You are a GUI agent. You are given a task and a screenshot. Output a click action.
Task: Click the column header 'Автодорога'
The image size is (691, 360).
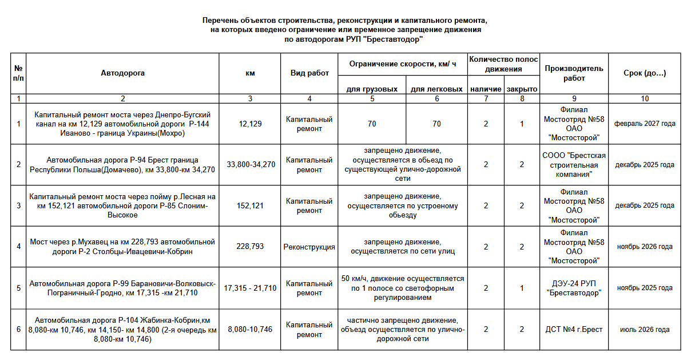point(122,73)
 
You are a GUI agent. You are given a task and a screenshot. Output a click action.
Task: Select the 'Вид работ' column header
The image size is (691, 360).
point(309,73)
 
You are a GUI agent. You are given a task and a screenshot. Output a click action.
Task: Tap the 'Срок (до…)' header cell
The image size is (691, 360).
point(645,73)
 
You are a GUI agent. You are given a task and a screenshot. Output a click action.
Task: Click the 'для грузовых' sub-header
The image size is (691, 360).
point(372,89)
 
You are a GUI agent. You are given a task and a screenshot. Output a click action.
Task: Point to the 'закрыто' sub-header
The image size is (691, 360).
point(522,89)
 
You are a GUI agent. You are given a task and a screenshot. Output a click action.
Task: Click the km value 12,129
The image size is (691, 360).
point(251,124)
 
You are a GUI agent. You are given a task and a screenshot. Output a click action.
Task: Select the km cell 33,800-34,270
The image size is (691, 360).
point(251,165)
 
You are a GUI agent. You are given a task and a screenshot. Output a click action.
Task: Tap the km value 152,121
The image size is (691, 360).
point(251,206)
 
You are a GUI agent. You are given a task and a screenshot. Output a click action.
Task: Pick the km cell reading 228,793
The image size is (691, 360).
point(251,247)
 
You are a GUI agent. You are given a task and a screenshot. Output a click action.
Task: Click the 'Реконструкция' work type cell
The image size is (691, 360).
point(309,247)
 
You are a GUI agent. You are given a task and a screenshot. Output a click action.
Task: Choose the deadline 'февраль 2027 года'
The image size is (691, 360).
point(645,124)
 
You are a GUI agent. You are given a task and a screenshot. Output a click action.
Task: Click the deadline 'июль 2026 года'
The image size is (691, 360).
point(645,330)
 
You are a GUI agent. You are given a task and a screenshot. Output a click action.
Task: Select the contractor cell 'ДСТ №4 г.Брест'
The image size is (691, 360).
point(574,330)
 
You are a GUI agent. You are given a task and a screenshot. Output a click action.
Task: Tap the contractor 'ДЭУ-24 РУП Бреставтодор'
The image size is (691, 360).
point(574,288)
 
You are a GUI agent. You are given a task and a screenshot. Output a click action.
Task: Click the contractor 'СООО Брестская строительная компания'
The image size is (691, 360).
point(574,165)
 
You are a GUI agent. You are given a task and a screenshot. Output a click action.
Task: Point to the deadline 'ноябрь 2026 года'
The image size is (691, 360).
point(645,247)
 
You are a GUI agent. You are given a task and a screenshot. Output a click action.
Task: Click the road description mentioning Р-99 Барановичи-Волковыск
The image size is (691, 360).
point(122,288)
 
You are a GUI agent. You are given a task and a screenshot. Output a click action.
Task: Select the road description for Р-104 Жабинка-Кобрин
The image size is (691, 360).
point(122,330)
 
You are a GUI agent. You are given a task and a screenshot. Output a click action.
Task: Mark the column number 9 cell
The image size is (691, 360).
point(574,98)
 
